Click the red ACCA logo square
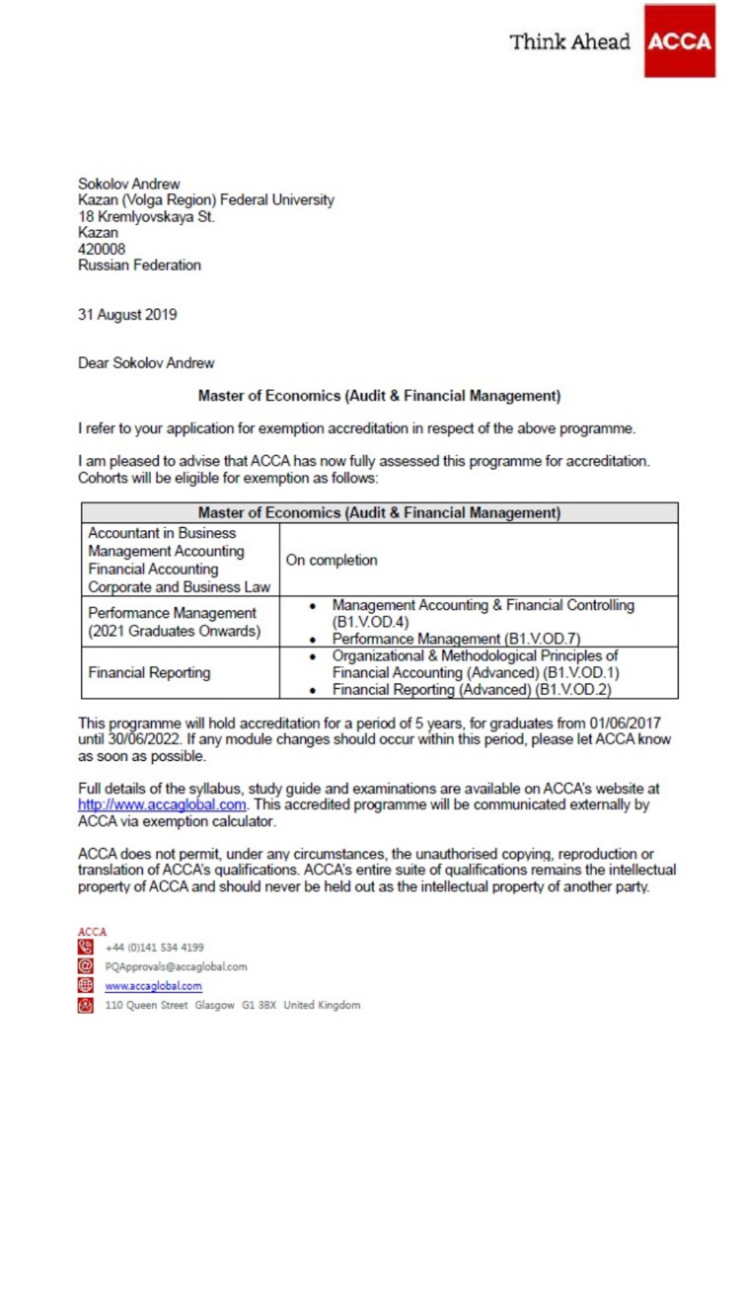679,41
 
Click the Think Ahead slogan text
569,42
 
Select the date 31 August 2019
127,314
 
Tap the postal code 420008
101,249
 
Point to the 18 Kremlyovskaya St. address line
146,216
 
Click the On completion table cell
331,560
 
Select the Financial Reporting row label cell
149,673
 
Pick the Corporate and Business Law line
178,587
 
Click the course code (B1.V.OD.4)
370,622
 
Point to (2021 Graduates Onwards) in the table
174,631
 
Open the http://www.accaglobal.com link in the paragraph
162,805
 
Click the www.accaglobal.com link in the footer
153,986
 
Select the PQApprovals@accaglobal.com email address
176,967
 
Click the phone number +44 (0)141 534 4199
154,948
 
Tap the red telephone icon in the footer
85,947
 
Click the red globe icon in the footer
85,986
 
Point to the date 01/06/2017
625,723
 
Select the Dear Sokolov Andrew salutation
146,363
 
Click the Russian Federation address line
139,265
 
